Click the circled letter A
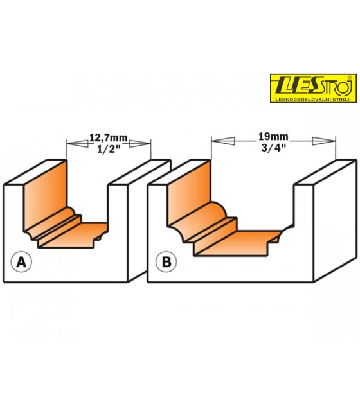pos(21,262)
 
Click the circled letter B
pos(166,262)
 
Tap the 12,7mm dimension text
pos(109,138)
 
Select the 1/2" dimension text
pos(109,149)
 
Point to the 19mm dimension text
pos(273,137)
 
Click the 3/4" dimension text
pos(273,148)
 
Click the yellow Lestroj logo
pos(313,89)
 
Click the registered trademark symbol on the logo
pos(349,78)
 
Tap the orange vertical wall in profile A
pos(45,194)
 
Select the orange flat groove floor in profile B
pos(236,243)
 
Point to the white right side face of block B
pos(335,220)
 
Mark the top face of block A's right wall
pos(139,171)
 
